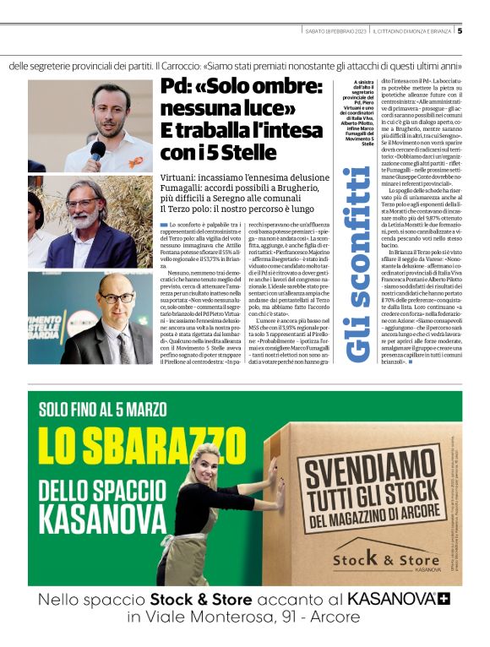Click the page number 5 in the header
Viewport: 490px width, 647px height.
pyautogui.click(x=460, y=31)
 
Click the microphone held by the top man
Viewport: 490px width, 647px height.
pyautogui.click(x=97, y=150)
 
